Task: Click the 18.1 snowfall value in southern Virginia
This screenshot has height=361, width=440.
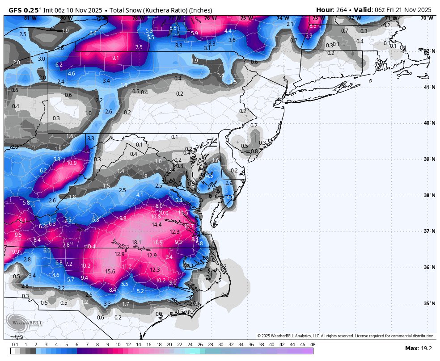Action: pos(136,243)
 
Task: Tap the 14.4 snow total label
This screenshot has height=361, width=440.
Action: pos(157,225)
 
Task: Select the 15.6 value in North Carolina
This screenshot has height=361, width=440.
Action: pos(110,271)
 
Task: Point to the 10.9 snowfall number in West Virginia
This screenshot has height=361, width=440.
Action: pos(72,163)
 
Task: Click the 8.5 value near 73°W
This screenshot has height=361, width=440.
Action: pos(313,26)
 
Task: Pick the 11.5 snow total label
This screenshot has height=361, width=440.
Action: pos(183,213)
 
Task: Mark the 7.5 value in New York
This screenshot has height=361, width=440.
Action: pos(139,47)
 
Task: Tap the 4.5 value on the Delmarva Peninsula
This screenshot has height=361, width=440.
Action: pos(209,176)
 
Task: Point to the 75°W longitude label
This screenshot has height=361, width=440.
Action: pos(246,18)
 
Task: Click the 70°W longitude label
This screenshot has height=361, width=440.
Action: pos(427,18)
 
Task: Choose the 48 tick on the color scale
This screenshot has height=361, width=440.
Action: pos(313,345)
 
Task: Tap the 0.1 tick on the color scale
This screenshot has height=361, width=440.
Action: pos(15,345)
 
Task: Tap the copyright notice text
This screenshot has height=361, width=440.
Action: pos(345,336)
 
